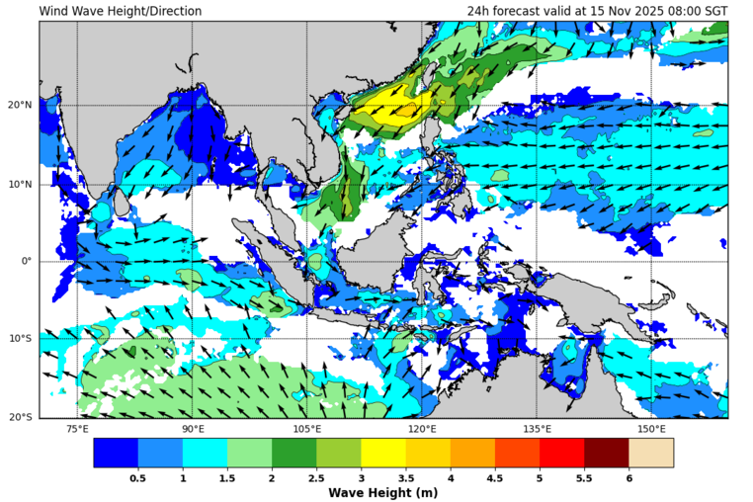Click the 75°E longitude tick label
[x=77, y=429]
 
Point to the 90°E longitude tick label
[x=193, y=429]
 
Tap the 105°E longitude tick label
[x=307, y=429]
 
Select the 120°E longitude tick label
[x=422, y=429]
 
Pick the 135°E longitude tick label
[x=537, y=429]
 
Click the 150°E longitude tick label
[x=651, y=429]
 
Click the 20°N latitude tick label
[x=19, y=106]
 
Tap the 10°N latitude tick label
[x=19, y=184]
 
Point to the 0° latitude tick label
[x=27, y=262]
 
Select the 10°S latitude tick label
[x=19, y=339]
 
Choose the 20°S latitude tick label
[x=19, y=417]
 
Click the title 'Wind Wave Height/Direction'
[x=121, y=12]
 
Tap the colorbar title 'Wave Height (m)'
[x=382, y=493]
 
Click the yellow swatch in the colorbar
[x=382, y=453]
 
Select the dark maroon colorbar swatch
[x=606, y=453]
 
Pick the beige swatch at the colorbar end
[x=651, y=453]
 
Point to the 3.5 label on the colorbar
[x=405, y=478]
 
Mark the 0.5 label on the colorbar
[x=137, y=478]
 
